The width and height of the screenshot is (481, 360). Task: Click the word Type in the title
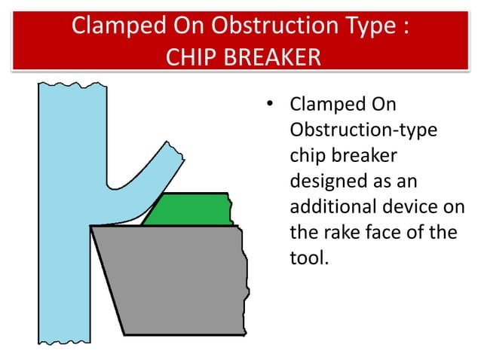pos(365,26)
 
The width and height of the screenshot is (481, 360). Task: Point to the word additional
pos(330,207)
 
